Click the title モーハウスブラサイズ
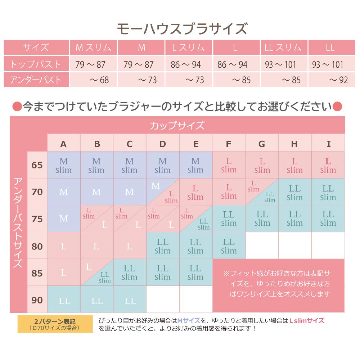coord(183,29)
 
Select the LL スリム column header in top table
coord(283,48)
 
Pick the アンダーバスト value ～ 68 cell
coord(93,80)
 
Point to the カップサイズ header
coord(177,125)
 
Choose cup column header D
coord(163,144)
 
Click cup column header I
coord(328,144)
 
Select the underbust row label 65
coord(37,165)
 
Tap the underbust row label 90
coord(37,300)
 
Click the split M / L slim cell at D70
coord(163,192)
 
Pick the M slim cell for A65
coord(63,165)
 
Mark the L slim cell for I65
coord(328,165)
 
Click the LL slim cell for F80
coord(229,246)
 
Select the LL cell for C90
coord(130,300)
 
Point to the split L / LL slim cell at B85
coord(96,273)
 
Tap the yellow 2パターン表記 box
coord(55,324)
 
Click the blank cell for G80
coord(262,246)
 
